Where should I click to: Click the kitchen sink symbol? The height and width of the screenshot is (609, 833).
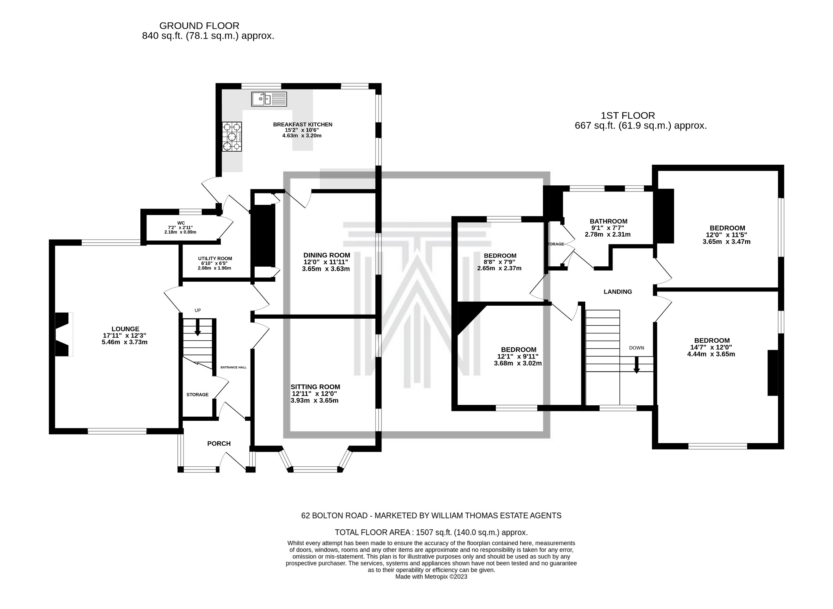(269, 99)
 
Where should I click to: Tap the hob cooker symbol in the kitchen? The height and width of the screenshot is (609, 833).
(232, 137)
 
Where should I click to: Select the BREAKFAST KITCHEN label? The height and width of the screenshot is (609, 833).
(303, 124)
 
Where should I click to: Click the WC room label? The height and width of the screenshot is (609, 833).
(181, 223)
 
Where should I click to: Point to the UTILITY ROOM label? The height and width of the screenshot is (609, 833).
(215, 258)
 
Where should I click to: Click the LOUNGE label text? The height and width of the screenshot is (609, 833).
(125, 329)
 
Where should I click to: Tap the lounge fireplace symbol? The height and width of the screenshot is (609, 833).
(63, 334)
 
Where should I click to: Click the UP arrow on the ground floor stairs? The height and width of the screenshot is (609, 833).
(198, 327)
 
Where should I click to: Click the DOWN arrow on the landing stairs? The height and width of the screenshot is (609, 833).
(637, 364)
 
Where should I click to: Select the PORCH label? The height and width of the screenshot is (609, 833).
(219, 444)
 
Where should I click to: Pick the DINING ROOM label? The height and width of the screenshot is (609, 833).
(327, 255)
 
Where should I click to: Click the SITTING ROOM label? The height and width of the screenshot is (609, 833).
(315, 387)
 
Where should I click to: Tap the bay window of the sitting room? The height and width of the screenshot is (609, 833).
(315, 469)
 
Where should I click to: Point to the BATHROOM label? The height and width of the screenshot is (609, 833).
(609, 221)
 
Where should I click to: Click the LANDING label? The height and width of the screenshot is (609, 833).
(617, 291)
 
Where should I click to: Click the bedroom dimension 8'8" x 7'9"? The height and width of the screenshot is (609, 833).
(499, 262)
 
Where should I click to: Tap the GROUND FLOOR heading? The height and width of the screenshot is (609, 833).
(199, 26)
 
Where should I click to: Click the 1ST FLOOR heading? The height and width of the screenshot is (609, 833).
(628, 116)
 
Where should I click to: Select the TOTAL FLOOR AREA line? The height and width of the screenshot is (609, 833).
(431, 532)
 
